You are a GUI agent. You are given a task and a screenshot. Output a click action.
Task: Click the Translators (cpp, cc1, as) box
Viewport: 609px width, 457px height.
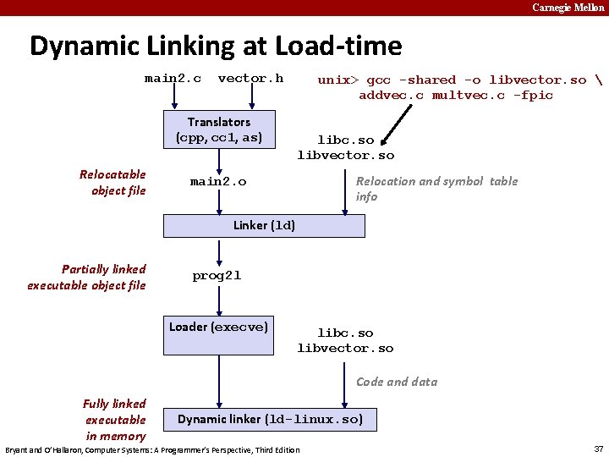coord(219,129)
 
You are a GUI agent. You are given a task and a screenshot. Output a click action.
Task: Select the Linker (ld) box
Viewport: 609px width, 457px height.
coord(265,226)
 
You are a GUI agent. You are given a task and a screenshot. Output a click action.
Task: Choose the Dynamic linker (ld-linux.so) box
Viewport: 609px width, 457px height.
coord(271,419)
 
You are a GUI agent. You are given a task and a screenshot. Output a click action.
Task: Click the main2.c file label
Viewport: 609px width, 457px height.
coord(173,79)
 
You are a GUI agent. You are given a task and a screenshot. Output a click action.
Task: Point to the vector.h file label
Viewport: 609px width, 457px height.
coord(250,79)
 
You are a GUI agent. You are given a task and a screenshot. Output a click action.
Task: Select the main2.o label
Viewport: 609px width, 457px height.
coord(218,181)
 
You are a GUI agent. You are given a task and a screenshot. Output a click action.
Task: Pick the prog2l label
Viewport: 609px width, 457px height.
coord(217,276)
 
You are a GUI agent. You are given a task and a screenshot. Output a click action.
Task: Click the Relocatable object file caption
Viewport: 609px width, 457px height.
coord(112,182)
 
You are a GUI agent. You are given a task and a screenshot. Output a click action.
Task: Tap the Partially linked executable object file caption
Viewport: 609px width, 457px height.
coord(86,277)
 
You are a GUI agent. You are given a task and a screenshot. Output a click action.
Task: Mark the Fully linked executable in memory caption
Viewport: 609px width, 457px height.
coord(114,420)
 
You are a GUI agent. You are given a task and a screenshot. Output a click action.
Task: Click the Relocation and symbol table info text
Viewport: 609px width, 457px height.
coord(436,189)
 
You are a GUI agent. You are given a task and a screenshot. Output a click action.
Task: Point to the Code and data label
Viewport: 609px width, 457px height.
coord(397,382)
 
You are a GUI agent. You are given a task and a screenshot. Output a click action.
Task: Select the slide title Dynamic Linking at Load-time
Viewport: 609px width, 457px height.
coord(216,46)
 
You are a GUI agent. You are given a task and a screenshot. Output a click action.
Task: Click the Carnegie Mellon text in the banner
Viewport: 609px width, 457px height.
coord(568,8)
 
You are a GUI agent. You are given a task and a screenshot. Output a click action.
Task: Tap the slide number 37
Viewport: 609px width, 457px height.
coord(598,449)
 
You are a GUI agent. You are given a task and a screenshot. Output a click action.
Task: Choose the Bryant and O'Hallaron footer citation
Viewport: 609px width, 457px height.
coord(152,449)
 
